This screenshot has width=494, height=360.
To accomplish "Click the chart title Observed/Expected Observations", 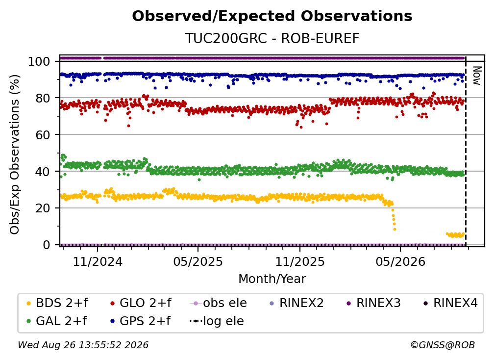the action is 272,16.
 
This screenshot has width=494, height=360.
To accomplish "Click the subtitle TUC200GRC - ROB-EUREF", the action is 272,38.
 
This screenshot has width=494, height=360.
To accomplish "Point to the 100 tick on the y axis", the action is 39,61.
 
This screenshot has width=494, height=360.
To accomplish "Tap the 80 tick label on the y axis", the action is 43,98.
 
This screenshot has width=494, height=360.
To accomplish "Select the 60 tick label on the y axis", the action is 43,134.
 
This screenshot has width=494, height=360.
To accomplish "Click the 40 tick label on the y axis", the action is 43,172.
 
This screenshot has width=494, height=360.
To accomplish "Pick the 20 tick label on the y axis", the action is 43,208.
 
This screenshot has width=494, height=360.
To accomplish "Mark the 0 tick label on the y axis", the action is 46,245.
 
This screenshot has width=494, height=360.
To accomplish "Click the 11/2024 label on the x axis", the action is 98,261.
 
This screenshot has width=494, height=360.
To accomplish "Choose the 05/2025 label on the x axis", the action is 198,261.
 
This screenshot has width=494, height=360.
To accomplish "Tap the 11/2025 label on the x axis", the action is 299,261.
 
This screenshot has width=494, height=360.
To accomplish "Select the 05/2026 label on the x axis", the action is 400,261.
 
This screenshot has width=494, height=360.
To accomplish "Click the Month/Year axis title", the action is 272,279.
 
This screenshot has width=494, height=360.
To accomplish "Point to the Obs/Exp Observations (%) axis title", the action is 15,154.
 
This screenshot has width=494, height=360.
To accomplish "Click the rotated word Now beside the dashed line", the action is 477,76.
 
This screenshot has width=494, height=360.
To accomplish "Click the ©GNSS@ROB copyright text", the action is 443,345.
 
